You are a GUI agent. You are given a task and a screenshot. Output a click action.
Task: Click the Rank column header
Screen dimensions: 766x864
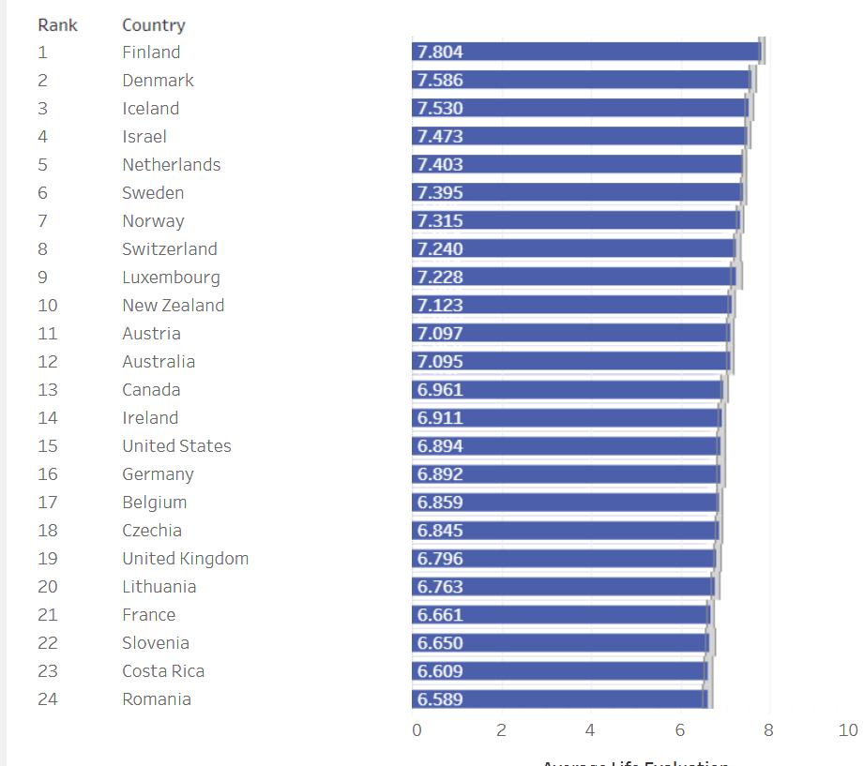tap(57, 25)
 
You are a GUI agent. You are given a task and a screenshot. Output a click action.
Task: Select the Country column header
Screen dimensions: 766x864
tap(153, 25)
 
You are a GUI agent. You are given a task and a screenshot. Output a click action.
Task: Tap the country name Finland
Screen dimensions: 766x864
tap(150, 53)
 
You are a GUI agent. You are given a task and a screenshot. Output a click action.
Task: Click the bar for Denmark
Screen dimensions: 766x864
tap(582, 81)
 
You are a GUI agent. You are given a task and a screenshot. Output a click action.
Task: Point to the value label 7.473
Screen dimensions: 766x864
tap(440, 137)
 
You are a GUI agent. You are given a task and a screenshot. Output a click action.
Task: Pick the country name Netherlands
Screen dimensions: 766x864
tap(171, 165)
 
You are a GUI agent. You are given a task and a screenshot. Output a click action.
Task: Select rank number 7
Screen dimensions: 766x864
tap(42, 221)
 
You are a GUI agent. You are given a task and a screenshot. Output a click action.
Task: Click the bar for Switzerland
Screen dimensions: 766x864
tap(573, 249)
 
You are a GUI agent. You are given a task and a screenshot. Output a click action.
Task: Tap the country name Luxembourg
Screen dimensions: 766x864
tap(171, 278)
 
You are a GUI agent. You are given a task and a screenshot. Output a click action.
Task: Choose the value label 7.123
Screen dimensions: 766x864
tap(440, 306)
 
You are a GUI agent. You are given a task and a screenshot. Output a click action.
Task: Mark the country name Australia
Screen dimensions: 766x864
tap(159, 362)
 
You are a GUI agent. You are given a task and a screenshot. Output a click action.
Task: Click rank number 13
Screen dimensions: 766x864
tap(47, 390)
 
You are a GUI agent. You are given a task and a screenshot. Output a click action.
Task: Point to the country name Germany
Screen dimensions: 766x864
tap(158, 474)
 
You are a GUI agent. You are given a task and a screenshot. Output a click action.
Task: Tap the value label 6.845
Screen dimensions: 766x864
tap(440, 531)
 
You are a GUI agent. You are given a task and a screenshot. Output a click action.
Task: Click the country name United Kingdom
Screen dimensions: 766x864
tap(185, 559)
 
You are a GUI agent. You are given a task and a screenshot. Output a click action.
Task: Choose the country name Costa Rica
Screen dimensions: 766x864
tap(162, 671)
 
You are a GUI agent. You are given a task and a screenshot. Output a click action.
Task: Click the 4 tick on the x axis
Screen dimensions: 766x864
tap(589, 730)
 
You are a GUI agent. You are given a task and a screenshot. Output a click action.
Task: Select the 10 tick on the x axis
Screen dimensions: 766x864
tap(847, 730)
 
